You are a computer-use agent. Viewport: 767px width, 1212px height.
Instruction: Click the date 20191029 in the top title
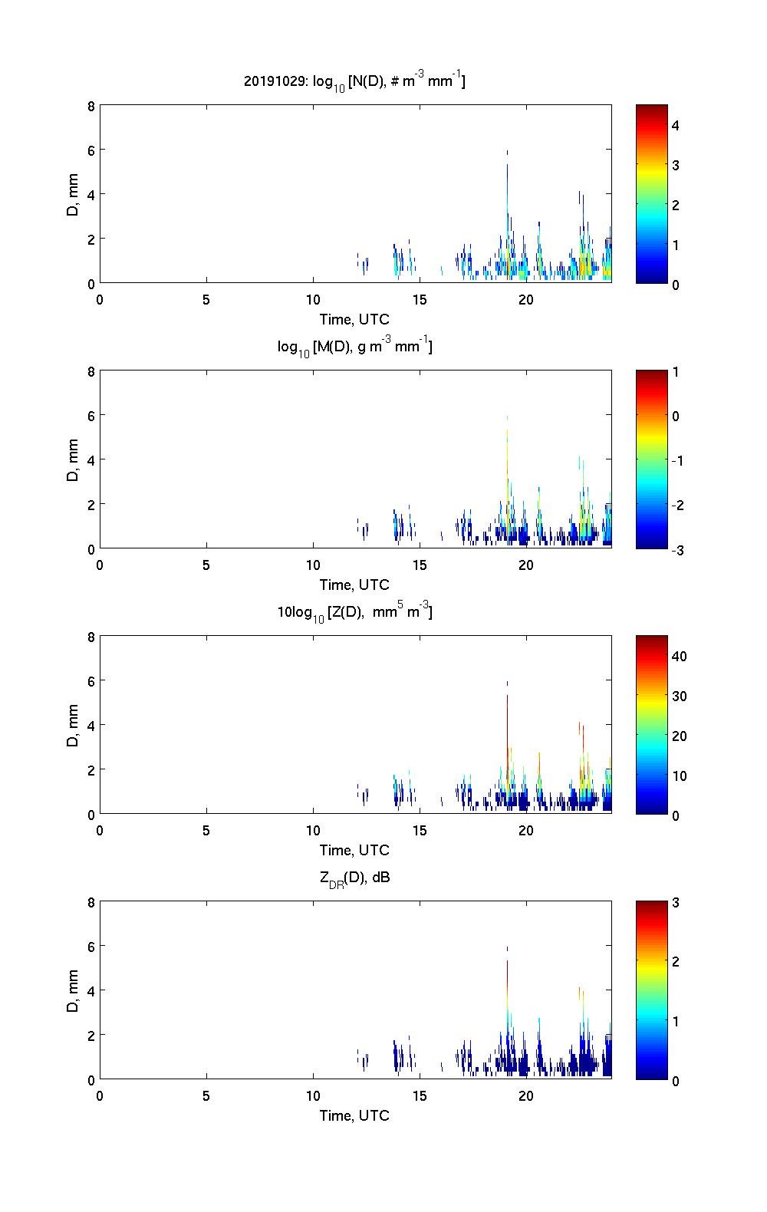pyautogui.click(x=272, y=81)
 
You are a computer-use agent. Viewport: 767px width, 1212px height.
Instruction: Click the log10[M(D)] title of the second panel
pyautogui.click(x=354, y=347)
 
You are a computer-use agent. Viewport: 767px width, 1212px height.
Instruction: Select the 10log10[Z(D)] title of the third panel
pyautogui.click(x=354, y=612)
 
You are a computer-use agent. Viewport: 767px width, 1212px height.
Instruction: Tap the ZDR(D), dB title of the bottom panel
pyautogui.click(x=354, y=878)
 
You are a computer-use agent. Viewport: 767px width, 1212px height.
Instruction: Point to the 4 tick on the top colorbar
pyautogui.click(x=676, y=125)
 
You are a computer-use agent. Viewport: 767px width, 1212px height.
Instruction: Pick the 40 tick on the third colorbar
pyautogui.click(x=679, y=656)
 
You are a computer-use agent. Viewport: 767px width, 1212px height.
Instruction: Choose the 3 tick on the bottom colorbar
pyautogui.click(x=676, y=903)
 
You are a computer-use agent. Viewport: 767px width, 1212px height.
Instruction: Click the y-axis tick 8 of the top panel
pyautogui.click(x=91, y=106)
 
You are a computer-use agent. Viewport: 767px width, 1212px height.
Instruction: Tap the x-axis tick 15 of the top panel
pyautogui.click(x=420, y=299)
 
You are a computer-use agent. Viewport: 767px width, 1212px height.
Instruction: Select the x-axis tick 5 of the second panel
pyautogui.click(x=206, y=565)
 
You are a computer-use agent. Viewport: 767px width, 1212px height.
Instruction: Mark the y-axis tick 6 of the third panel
pyautogui.click(x=91, y=680)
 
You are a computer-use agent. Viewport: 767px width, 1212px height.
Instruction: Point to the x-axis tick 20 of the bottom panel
pyautogui.click(x=526, y=1095)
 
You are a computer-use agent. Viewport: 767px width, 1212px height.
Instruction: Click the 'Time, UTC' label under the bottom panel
pyautogui.click(x=354, y=1115)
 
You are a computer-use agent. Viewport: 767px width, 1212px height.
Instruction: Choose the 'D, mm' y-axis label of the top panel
pyautogui.click(x=73, y=195)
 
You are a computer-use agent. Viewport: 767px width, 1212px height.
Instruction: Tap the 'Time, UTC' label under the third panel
pyautogui.click(x=354, y=850)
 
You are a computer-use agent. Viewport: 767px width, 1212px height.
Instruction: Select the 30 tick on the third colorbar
pyautogui.click(x=679, y=696)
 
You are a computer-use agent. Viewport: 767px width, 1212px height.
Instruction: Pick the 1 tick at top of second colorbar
pyautogui.click(x=676, y=372)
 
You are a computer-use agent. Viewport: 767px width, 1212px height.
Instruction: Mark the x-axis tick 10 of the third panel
pyautogui.click(x=313, y=830)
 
